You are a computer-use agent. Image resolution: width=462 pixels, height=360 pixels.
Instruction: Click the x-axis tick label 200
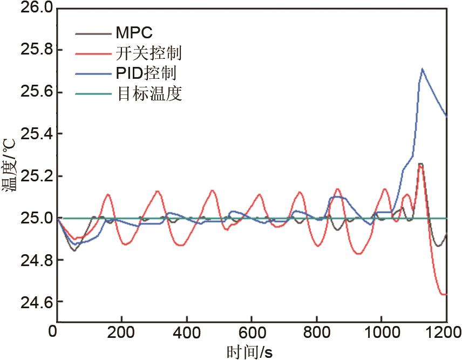(x=122, y=331)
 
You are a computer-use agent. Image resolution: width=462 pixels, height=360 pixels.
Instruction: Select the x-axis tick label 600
(x=252, y=331)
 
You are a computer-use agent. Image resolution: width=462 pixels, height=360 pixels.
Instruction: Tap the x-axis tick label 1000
(x=382, y=331)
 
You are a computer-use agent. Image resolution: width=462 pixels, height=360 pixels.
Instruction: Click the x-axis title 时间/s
(x=249, y=351)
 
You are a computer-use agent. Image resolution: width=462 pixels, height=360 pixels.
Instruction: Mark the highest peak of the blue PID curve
(x=422, y=69)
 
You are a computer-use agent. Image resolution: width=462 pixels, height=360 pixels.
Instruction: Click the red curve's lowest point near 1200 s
(x=444, y=294)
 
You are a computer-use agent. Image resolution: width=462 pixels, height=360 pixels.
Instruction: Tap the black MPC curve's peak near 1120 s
(x=420, y=164)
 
